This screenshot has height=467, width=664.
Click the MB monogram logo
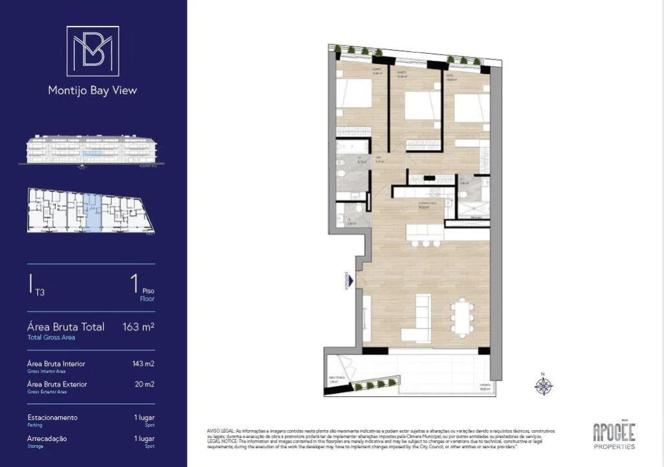pos(93,51)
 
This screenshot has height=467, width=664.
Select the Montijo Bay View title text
pos(93,91)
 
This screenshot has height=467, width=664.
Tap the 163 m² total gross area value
pos(138,327)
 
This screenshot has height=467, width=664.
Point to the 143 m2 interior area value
pos(143,364)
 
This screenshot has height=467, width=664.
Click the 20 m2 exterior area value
pos(145,385)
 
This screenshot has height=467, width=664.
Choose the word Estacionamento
pos(53,418)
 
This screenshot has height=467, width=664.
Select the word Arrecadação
pos(47,438)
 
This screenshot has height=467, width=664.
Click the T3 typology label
pos(40,293)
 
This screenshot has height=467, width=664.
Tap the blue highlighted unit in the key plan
pos(93,212)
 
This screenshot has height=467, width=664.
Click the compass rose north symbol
pos(543,385)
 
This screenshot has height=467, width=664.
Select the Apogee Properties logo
pos(614,435)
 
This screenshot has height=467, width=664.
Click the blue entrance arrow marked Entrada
pos(351,281)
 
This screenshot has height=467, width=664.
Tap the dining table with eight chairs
pos(462,317)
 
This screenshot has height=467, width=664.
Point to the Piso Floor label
pos(148,296)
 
